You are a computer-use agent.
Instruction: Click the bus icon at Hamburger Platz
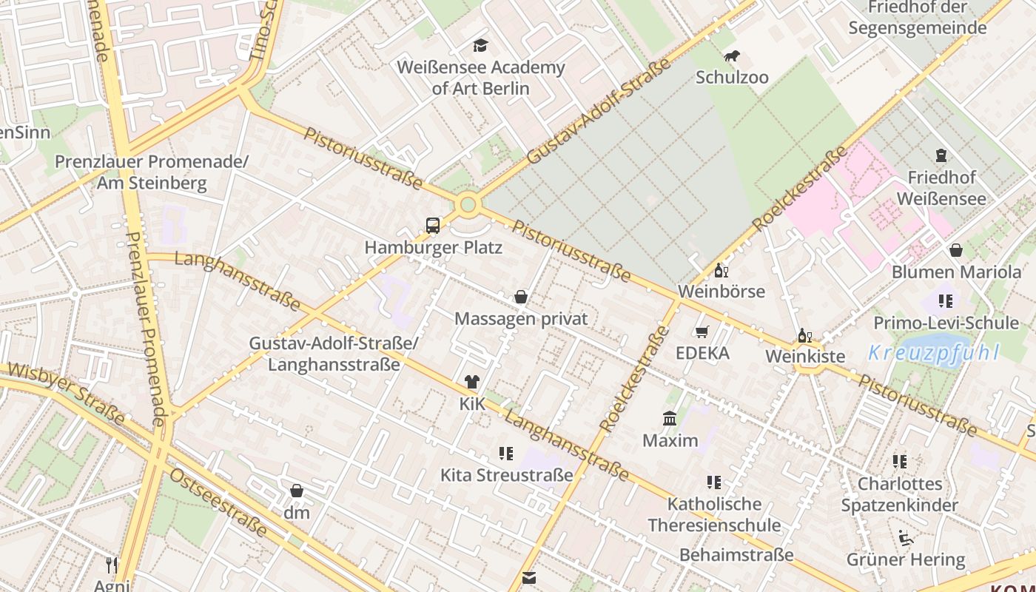click(x=433, y=226)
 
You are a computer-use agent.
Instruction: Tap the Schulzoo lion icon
click(x=732, y=56)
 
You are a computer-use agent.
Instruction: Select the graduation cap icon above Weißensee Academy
click(x=480, y=46)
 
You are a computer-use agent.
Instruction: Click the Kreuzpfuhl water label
click(x=934, y=353)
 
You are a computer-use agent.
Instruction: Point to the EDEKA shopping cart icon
click(x=702, y=332)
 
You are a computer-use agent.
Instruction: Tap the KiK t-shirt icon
click(x=472, y=382)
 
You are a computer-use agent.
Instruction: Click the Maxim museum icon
click(x=670, y=419)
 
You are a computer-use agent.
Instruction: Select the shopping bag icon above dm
click(x=297, y=491)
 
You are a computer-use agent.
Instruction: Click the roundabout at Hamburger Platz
click(x=468, y=205)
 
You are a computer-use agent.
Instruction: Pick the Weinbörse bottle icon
click(x=721, y=270)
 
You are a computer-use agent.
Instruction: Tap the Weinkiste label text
click(x=805, y=357)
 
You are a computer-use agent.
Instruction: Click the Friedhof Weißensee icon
click(x=941, y=156)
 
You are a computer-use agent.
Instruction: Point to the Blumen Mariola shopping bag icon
click(x=956, y=250)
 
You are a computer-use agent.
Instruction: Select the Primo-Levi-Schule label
click(x=946, y=323)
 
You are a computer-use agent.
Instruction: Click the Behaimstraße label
click(x=736, y=555)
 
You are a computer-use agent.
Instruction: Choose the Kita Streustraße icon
click(x=506, y=453)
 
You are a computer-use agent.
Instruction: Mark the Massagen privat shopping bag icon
click(x=521, y=297)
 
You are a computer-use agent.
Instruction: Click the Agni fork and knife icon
click(x=112, y=565)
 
